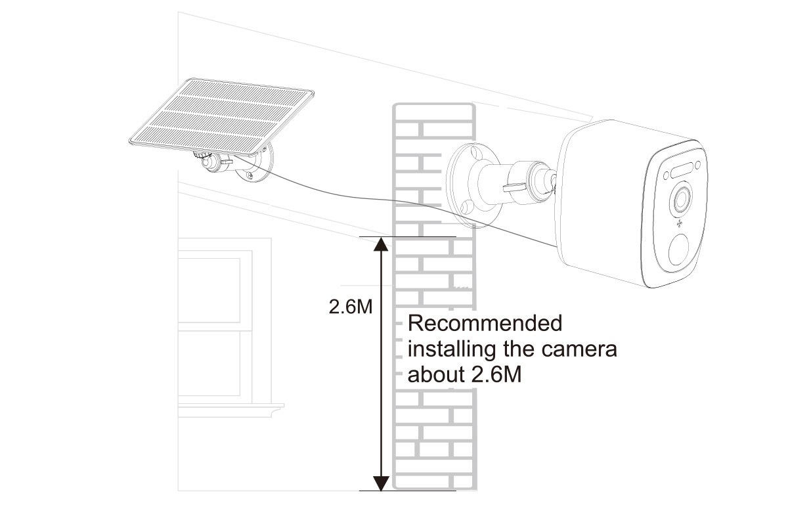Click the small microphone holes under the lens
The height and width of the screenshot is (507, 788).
[x=679, y=224]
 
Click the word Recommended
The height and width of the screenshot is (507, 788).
[x=485, y=323]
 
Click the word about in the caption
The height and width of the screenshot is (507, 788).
[x=437, y=375]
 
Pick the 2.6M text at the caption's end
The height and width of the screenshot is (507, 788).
[x=497, y=375]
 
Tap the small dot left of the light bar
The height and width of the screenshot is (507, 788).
[x=666, y=175]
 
